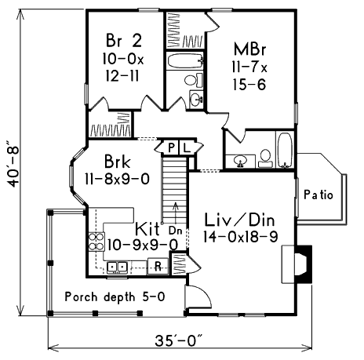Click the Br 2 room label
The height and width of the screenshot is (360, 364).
[123, 41]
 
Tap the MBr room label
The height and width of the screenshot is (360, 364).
[249, 49]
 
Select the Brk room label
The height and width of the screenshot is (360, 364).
[117, 162]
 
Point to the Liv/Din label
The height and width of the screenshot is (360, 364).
[239, 220]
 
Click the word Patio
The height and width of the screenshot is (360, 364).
[318, 195]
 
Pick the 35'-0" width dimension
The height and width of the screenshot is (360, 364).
[179, 340]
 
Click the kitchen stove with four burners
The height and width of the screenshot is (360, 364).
[96, 242]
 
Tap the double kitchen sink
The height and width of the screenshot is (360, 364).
[117, 267]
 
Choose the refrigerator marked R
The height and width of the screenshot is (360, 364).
[158, 266]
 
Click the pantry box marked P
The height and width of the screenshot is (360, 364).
[171, 148]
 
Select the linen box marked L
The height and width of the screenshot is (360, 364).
[186, 148]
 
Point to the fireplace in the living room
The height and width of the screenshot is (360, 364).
[297, 264]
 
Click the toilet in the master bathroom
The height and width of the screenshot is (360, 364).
[265, 158]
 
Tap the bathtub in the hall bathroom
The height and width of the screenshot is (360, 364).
[185, 61]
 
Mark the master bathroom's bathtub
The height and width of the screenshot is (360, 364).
[285, 150]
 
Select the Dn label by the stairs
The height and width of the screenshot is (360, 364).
[175, 231]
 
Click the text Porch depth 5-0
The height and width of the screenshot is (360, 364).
[115, 296]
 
